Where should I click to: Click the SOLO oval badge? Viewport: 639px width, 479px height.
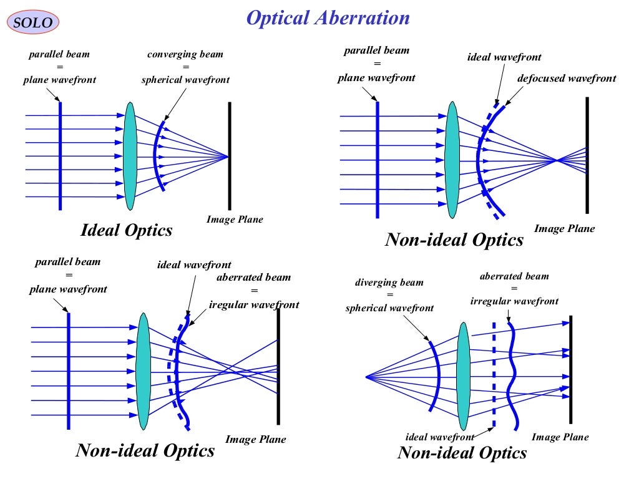coord(34,23)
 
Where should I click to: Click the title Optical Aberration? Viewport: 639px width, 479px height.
coord(328,18)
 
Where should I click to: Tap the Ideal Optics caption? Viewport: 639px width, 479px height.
coord(127,230)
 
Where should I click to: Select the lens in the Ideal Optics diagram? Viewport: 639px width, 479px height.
coord(130,156)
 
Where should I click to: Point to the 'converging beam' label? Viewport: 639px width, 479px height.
coord(185,55)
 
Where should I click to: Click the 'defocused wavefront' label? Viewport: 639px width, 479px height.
coord(566,79)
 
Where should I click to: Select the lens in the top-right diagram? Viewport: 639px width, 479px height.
coord(452,161)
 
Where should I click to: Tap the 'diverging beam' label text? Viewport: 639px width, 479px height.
coord(389,283)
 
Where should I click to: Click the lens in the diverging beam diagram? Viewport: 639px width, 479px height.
coord(463,376)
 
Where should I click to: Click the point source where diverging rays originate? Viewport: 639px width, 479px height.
coord(366,376)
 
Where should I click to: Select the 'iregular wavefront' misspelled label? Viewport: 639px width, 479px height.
coord(254,305)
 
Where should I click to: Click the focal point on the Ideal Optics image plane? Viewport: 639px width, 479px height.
coord(229,156)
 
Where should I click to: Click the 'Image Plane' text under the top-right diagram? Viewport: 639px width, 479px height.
coord(564,229)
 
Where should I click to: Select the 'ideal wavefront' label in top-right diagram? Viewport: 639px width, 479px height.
coord(504,57)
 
